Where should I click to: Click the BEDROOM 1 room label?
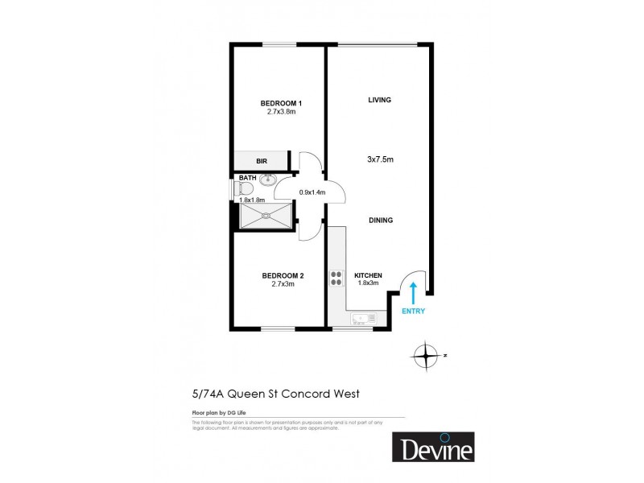[x=281, y=103]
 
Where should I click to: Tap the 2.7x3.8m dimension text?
[x=281, y=112]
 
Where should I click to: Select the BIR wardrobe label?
[x=262, y=162]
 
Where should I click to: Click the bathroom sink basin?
[x=269, y=180]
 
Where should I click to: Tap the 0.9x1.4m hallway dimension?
[x=312, y=192]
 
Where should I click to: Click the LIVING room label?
[x=379, y=100]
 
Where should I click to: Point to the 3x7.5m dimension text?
[x=380, y=159]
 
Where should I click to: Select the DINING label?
[x=381, y=220]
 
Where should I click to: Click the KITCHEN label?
[x=368, y=276]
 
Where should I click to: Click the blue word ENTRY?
[x=412, y=311]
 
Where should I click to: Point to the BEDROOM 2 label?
[x=283, y=276]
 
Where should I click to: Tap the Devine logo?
[x=432, y=447]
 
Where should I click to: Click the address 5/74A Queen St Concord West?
[x=275, y=394]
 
